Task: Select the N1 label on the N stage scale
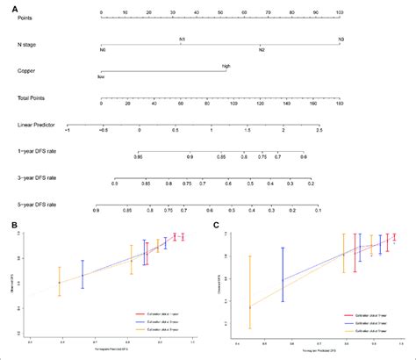tap(182, 39)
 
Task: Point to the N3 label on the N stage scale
tap(339, 39)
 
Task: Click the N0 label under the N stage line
tap(103, 50)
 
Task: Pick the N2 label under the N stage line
tap(261, 50)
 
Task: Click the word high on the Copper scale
tap(226, 66)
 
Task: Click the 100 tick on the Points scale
tap(340, 12)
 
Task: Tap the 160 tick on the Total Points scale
tap(339, 104)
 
